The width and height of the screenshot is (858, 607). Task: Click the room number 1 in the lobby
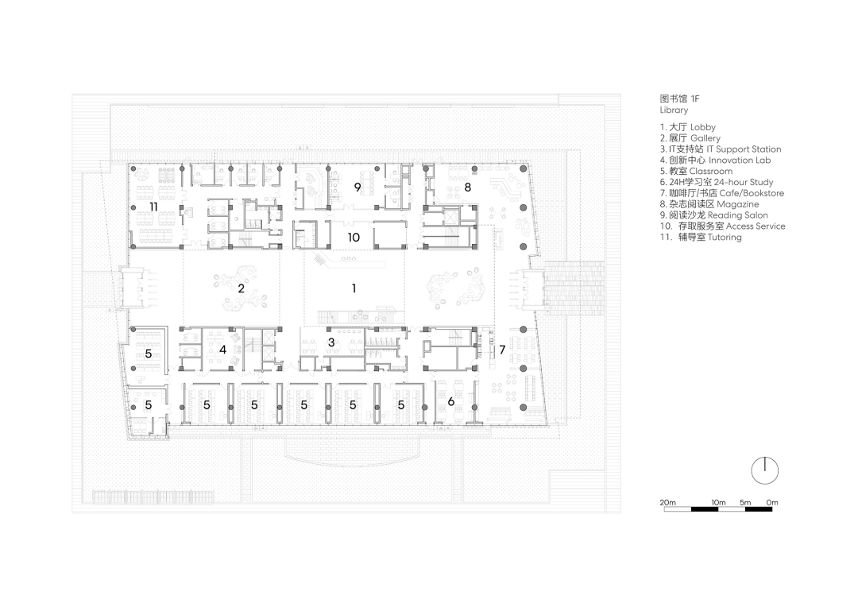coord(354,288)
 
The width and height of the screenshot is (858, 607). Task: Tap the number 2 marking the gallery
coord(241,288)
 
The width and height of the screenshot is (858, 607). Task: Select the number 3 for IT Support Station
coord(331,342)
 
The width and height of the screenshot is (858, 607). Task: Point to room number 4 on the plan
coord(222,350)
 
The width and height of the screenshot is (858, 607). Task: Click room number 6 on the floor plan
coord(451,401)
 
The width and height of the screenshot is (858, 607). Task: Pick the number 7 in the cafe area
coord(502,350)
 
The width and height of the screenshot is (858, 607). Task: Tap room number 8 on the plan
coord(467,188)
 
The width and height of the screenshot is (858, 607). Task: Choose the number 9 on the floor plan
coord(357,188)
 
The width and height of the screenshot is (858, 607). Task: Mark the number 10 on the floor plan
coord(354,237)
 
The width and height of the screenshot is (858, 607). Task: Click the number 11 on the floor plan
coord(153,207)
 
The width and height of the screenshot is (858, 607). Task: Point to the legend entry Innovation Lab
coord(740,160)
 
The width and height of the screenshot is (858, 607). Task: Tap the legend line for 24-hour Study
coord(717,182)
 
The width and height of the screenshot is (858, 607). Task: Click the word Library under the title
coord(674,110)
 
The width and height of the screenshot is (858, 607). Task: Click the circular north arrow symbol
coord(764,470)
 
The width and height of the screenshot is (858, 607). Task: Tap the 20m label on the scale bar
coord(667,502)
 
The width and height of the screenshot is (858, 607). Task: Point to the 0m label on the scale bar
coord(771,502)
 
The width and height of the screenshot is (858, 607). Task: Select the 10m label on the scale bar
coord(718,502)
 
